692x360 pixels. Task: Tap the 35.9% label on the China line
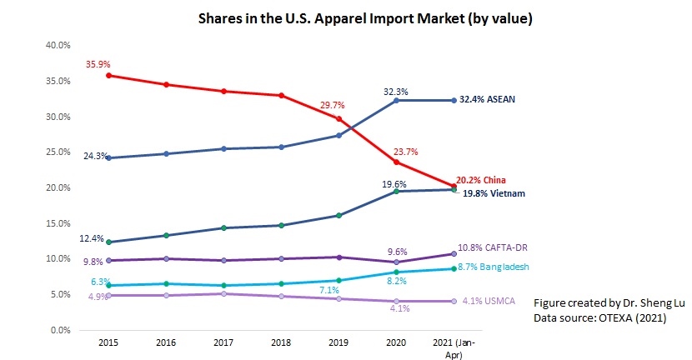(x=97, y=63)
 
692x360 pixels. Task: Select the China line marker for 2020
(x=396, y=162)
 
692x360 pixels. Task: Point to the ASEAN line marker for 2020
(x=396, y=100)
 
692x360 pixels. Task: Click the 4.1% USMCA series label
(x=490, y=301)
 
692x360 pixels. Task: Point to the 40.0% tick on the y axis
(x=56, y=46)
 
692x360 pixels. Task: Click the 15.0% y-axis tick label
(x=56, y=223)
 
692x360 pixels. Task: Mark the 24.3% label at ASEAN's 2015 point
(x=93, y=156)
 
